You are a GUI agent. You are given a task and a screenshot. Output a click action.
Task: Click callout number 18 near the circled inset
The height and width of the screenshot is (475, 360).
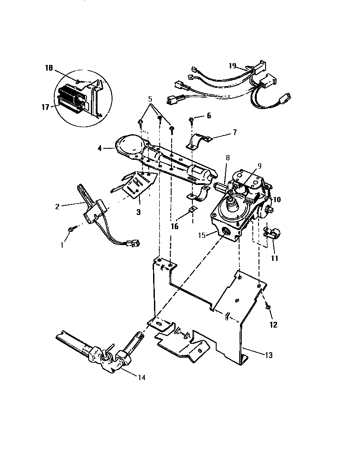tap(49, 68)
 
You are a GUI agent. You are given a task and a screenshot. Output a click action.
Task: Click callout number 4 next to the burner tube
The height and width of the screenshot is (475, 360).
tap(101, 149)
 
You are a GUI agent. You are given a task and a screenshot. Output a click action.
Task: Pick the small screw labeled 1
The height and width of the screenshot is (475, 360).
tap(71, 230)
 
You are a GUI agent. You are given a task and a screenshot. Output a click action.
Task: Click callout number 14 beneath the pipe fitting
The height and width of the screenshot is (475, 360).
tap(141, 377)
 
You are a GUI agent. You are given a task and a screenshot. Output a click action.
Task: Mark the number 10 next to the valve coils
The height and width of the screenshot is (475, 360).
tap(277, 200)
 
